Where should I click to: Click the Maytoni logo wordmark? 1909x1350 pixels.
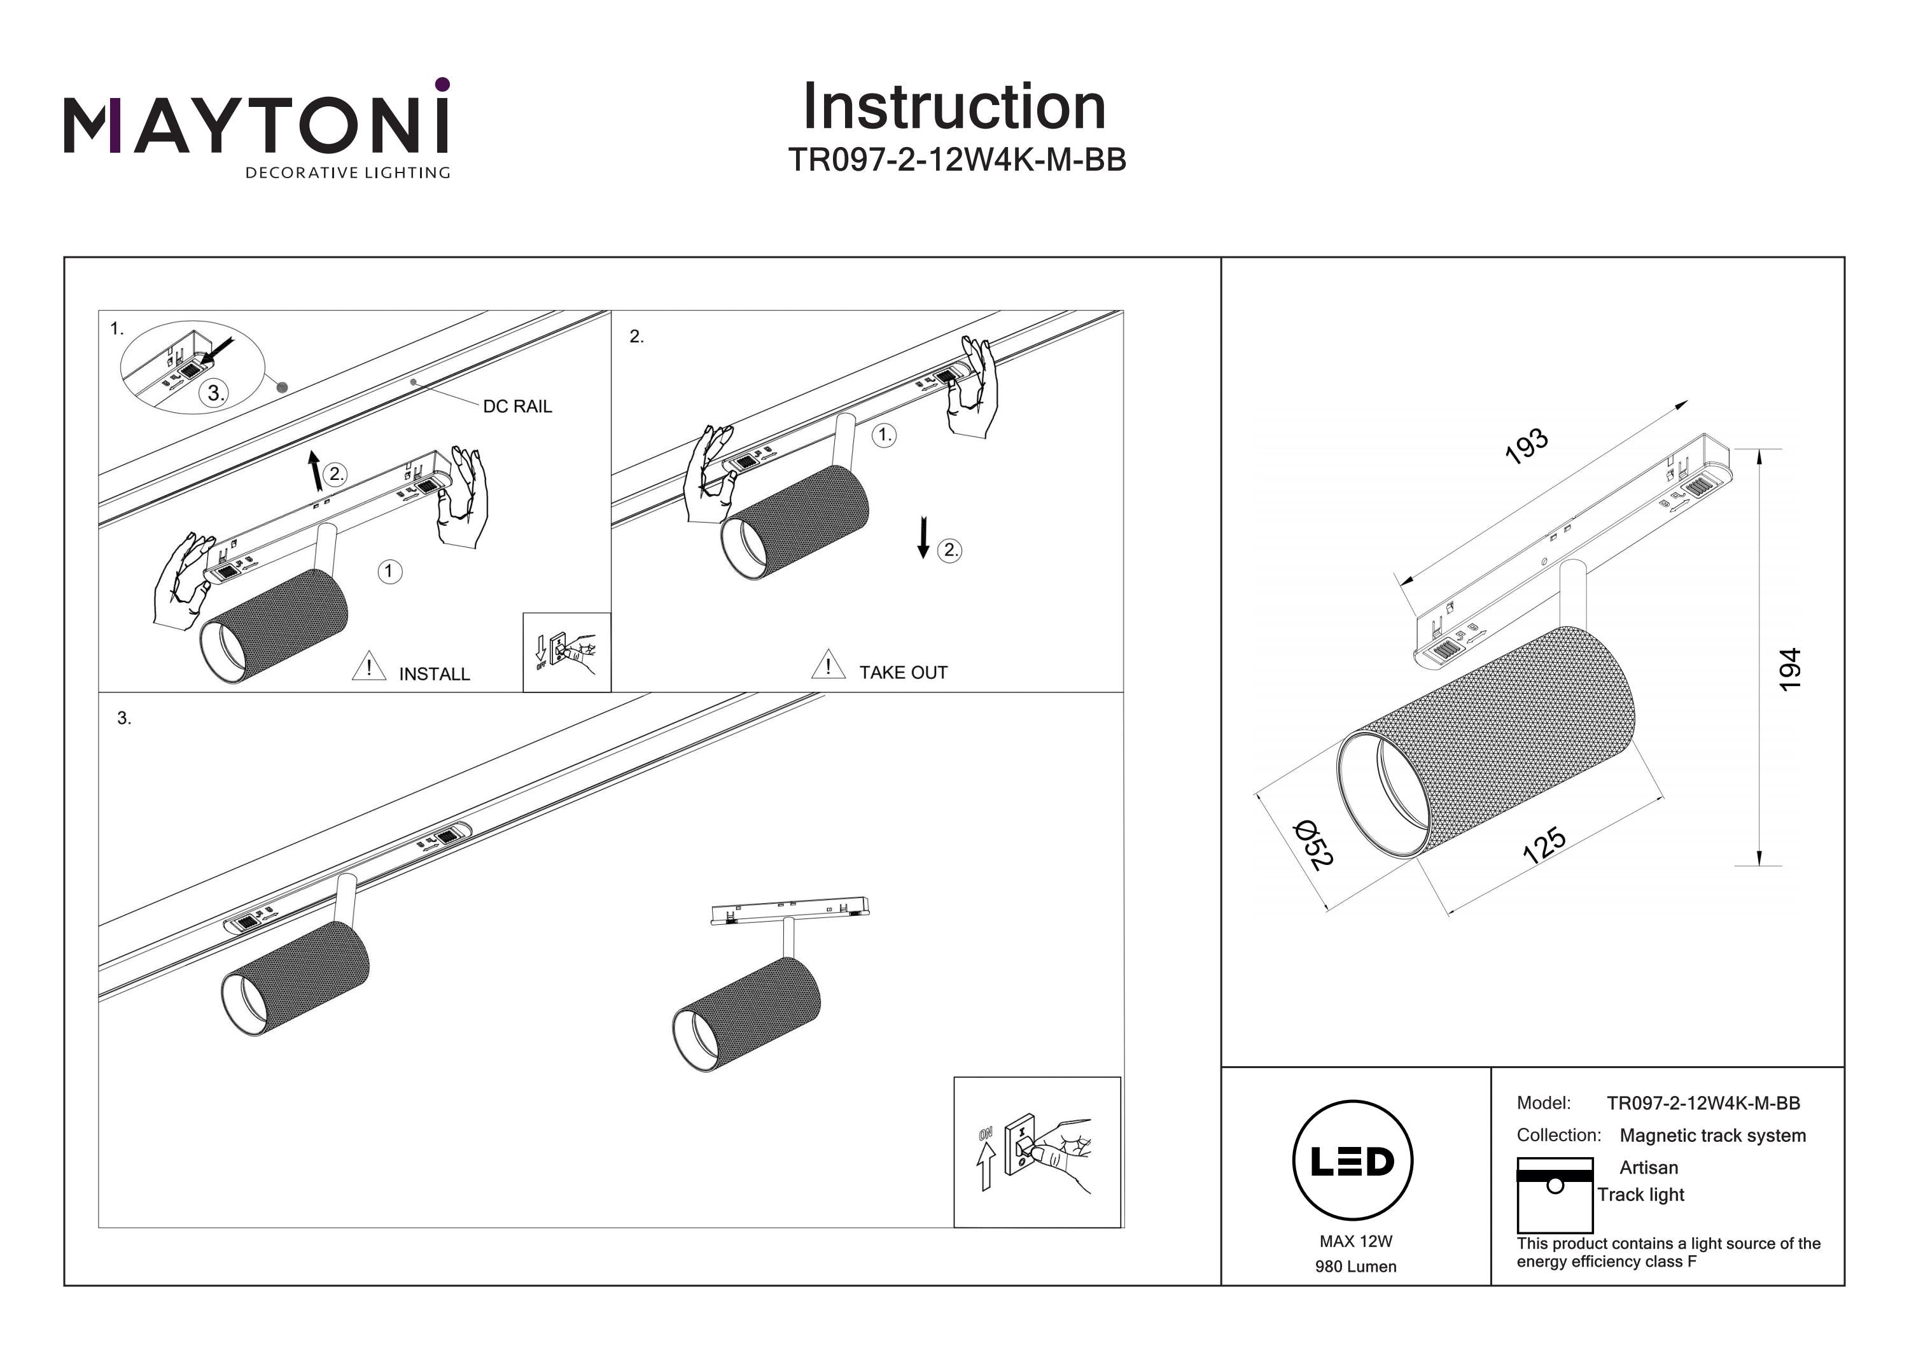(256, 125)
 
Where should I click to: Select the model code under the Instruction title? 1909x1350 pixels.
(956, 160)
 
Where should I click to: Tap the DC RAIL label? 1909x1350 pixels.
(517, 407)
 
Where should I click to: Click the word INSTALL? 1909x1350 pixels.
(434, 674)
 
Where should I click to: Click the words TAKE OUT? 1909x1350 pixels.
(903, 672)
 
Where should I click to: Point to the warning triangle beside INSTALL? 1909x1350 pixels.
(368, 667)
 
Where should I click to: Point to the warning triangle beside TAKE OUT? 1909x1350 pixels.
(828, 665)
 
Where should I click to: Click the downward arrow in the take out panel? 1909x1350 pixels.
(923, 537)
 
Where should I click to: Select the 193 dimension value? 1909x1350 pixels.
(1527, 445)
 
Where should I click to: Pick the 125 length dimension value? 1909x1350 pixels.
(1544, 845)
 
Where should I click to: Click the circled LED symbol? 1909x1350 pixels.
(1353, 1160)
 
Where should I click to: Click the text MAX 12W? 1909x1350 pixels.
(1355, 1242)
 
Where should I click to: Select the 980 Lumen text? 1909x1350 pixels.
(1355, 1267)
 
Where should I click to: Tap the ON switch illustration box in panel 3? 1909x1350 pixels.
(1037, 1152)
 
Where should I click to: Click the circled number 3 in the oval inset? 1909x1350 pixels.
(215, 393)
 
